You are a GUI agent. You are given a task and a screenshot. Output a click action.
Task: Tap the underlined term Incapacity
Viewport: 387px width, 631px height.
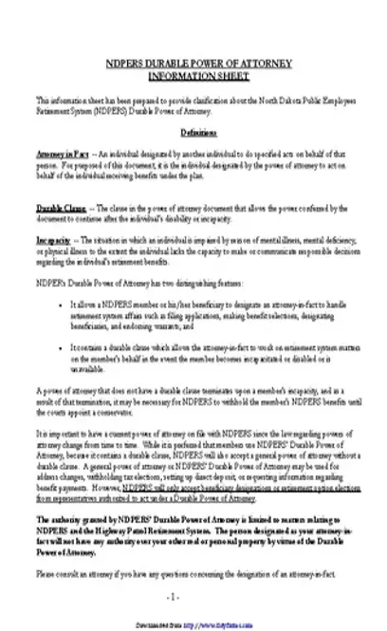click(x=51, y=237)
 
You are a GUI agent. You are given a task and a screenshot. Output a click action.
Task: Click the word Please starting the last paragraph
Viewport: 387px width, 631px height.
click(x=46, y=573)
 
